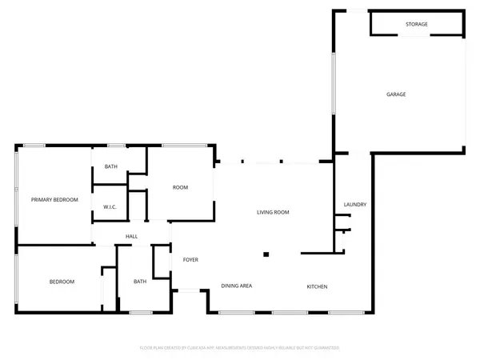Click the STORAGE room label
pyautogui.click(x=416, y=25)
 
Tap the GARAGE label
pyautogui.click(x=396, y=94)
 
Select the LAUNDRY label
pyautogui.click(x=354, y=205)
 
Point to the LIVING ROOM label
pyautogui.click(x=272, y=212)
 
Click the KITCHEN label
pyautogui.click(x=317, y=286)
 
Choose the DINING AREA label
pyautogui.click(x=237, y=286)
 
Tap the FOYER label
pyautogui.click(x=190, y=260)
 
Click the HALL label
pyautogui.click(x=131, y=236)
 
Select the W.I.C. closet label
pyautogui.click(x=110, y=208)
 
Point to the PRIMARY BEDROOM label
pyautogui.click(x=54, y=199)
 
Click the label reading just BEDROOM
pyautogui.click(x=62, y=282)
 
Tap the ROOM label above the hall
pyautogui.click(x=180, y=187)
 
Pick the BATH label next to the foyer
pyautogui.click(x=140, y=281)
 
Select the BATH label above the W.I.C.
pyautogui.click(x=111, y=166)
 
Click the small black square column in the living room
pyautogui.click(x=266, y=255)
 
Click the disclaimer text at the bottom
pyautogui.click(x=240, y=348)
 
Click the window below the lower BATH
pyautogui.click(x=141, y=312)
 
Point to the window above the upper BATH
pyautogui.click(x=116, y=146)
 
